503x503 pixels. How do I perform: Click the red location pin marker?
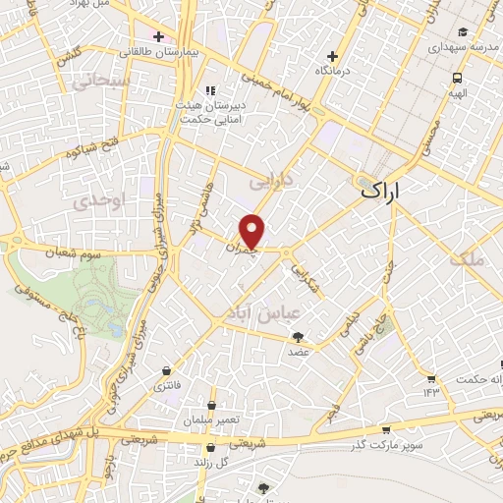click(253, 230)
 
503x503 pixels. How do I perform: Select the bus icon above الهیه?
click(456, 79)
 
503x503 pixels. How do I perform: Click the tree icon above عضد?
click(298, 337)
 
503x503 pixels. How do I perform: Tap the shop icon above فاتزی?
click(165, 371)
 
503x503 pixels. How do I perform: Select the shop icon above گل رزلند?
click(208, 445)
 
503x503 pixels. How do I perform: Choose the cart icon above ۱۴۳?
click(430, 377)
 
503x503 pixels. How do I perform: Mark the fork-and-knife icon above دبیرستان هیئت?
click(208, 90)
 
